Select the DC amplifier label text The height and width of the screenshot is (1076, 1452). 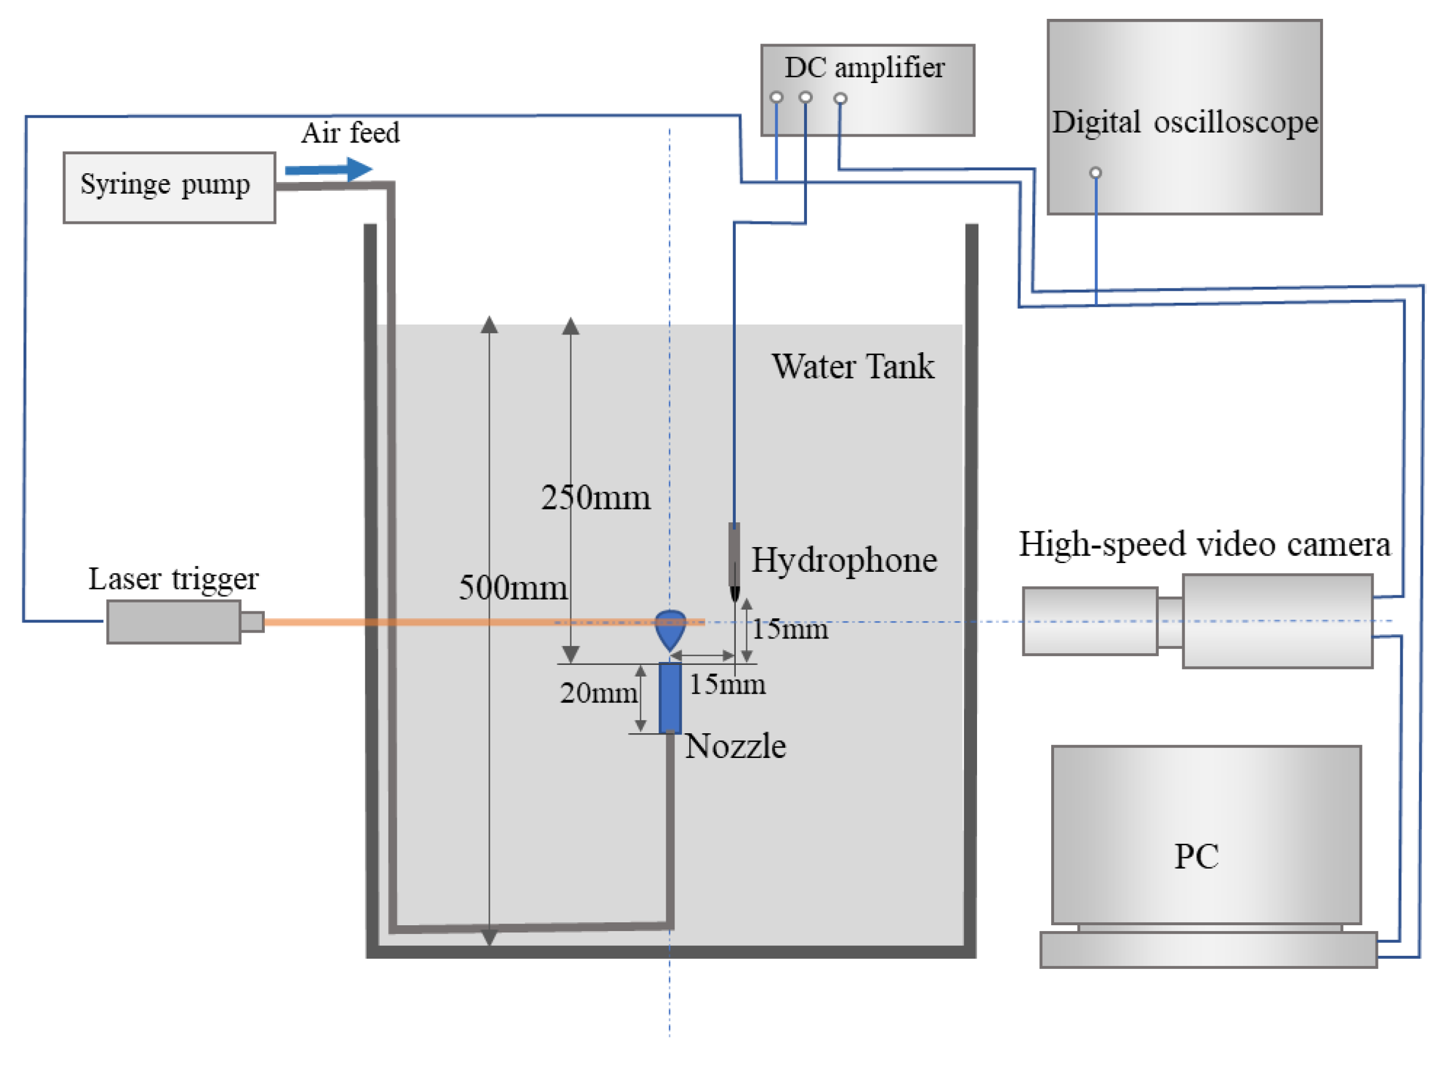[863, 68]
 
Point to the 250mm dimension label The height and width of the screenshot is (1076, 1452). [596, 498]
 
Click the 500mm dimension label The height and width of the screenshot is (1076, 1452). [513, 588]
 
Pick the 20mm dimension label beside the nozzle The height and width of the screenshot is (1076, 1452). [598, 693]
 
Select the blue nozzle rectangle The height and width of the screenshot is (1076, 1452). [670, 698]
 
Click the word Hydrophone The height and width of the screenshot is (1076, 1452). [844, 560]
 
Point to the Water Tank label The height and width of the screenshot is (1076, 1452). [853, 366]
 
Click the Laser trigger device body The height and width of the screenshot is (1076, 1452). [173, 622]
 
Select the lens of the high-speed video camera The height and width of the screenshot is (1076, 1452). [1089, 621]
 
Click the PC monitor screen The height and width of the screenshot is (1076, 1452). [1205, 835]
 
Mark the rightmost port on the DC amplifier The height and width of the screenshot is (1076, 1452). [840, 98]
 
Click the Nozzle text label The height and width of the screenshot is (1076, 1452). [736, 746]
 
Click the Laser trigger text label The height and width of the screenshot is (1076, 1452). [173, 578]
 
